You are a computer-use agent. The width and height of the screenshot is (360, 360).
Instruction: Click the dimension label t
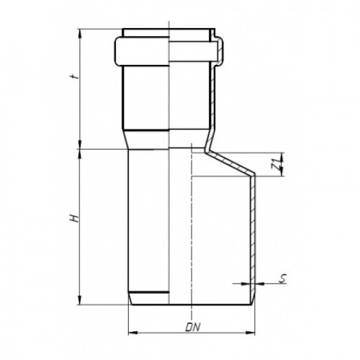(x=75, y=77)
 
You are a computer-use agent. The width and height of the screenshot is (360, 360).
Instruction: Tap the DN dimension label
(x=193, y=328)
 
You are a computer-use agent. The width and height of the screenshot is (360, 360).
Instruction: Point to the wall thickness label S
(x=283, y=279)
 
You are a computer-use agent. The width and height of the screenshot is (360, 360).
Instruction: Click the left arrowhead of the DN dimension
(x=132, y=333)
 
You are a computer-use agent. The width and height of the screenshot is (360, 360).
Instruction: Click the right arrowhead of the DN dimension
(x=251, y=333)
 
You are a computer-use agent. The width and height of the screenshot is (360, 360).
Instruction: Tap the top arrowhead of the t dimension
(x=80, y=33)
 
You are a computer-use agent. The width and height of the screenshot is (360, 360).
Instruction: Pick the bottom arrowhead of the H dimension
(x=80, y=300)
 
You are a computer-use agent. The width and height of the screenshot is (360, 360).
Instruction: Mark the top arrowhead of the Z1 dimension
(x=282, y=157)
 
